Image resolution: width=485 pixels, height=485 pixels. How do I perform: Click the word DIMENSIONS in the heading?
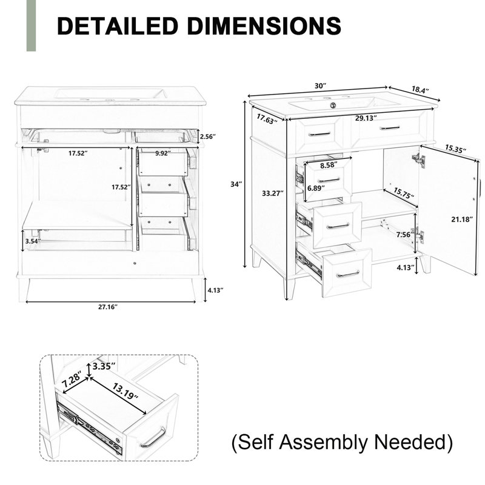(264, 25)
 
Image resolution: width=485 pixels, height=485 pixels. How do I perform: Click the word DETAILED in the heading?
(118, 25)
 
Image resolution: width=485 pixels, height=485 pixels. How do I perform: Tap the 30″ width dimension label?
(321, 85)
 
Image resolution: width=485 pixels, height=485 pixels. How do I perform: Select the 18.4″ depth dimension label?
(420, 90)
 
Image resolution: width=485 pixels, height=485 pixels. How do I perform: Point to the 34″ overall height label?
(236, 184)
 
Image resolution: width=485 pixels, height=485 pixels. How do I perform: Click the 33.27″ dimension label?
(273, 193)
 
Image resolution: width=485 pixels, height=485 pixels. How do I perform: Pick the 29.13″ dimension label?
(366, 118)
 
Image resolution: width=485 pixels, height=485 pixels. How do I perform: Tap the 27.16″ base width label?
(108, 307)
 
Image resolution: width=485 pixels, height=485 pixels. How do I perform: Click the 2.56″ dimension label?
(208, 136)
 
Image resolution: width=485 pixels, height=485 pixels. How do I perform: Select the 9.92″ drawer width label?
(163, 153)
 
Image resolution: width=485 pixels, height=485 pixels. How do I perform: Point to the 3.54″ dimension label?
(33, 241)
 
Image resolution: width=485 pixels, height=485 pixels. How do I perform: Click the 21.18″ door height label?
(462, 219)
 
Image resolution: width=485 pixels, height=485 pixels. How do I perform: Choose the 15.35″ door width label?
(456, 149)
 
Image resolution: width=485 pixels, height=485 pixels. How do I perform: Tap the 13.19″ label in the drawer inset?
(125, 391)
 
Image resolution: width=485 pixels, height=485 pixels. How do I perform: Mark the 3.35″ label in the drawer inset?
(104, 366)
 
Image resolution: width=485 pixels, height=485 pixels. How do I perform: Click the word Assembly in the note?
(323, 442)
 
